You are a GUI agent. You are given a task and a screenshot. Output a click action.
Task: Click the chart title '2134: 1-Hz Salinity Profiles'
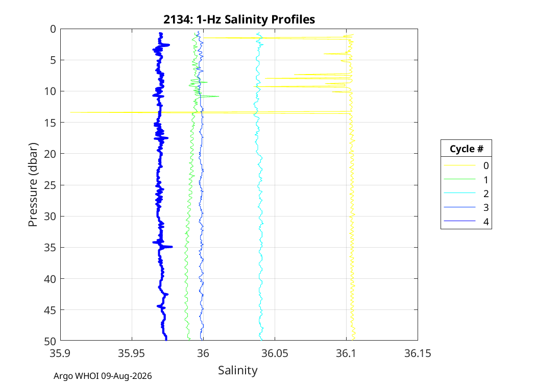coord(239,19)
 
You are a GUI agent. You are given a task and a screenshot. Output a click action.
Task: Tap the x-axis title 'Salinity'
coord(237,370)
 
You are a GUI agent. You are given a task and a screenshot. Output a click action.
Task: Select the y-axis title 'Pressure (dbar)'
coord(33,185)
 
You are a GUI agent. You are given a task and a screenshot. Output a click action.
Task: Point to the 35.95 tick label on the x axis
coord(132,353)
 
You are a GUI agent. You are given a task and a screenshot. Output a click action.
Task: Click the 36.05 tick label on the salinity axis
coord(275,353)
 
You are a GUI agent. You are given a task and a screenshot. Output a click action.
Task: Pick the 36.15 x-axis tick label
coord(418,353)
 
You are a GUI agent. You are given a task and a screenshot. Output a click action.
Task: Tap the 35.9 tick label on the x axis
coord(61,353)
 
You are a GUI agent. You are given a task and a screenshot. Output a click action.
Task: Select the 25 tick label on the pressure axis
coord(50,185)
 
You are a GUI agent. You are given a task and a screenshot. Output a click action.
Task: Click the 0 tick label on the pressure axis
coord(53,29)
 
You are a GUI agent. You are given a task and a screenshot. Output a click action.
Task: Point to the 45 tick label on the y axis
coord(50,310)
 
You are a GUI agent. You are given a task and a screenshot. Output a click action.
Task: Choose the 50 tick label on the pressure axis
coord(50,341)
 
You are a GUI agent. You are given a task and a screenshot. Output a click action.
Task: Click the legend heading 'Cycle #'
coord(466,149)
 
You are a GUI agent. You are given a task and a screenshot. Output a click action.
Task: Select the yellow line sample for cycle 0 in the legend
coord(459,165)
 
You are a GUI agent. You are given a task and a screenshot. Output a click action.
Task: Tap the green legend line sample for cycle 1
coord(459,179)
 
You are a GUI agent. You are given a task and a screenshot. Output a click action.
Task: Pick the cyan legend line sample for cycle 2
coord(459,193)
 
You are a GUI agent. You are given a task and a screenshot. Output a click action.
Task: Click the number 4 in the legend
coord(486,222)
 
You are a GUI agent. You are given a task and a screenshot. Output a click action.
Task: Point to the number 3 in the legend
coord(486,207)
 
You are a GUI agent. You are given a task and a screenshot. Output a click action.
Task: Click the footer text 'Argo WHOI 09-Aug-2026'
coord(103,376)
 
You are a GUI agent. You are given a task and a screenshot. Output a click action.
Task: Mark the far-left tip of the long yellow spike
coord(70,112)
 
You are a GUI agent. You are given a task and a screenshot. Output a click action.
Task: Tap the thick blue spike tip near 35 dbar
coord(173,247)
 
